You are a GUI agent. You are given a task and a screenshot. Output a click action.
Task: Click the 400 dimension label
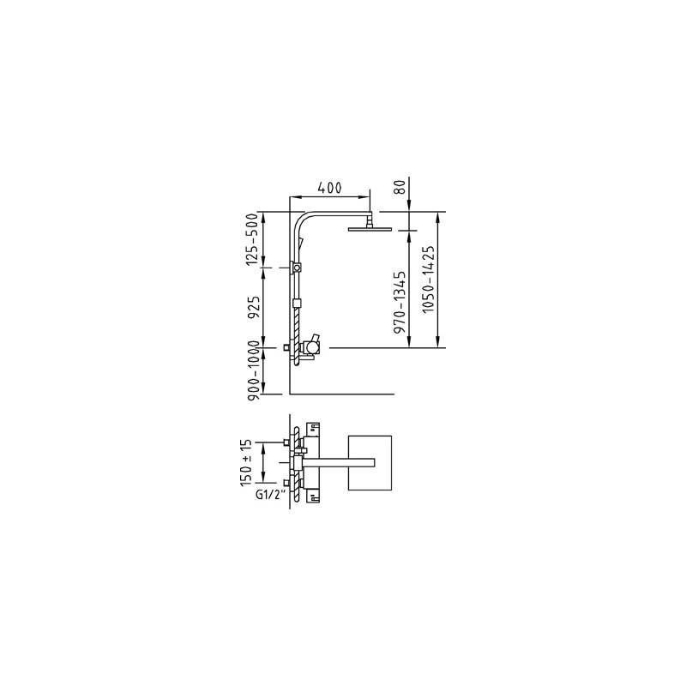click(x=329, y=188)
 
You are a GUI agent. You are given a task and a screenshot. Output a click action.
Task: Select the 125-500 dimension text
click(x=252, y=239)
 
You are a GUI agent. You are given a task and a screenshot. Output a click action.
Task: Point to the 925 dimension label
click(x=252, y=308)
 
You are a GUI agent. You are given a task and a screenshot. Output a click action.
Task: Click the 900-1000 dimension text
click(x=254, y=371)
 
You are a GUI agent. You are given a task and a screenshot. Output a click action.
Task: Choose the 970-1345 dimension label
click(x=400, y=303)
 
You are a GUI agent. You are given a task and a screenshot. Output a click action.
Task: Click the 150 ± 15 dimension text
click(x=246, y=462)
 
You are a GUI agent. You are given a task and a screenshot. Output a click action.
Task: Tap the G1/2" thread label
click(x=270, y=495)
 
